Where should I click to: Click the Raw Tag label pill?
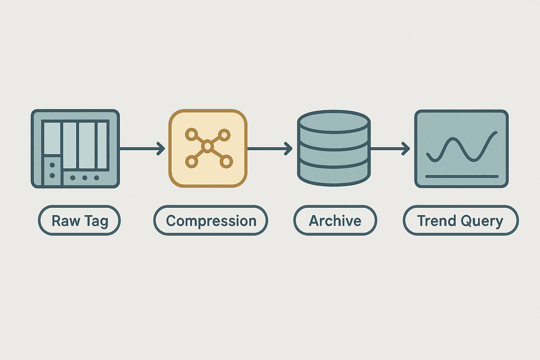tap(79, 220)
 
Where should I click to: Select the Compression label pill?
tap(211, 220)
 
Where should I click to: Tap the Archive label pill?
tap(335, 220)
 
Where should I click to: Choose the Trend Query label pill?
tap(461, 220)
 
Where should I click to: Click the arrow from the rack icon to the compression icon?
tap(142, 148)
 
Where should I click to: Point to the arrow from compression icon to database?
tap(270, 148)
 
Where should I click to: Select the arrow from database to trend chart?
tap(390, 148)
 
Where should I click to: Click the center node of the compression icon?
tap(207, 146)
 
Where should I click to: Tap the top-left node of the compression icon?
tap(191, 135)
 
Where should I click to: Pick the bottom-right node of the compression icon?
tap(226, 161)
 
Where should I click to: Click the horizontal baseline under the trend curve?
tap(462, 176)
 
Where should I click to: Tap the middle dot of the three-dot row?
tap(85, 178)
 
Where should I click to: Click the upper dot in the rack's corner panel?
tap(52, 165)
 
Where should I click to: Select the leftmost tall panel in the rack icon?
tap(52, 138)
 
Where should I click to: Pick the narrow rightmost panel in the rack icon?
tap(102, 146)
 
